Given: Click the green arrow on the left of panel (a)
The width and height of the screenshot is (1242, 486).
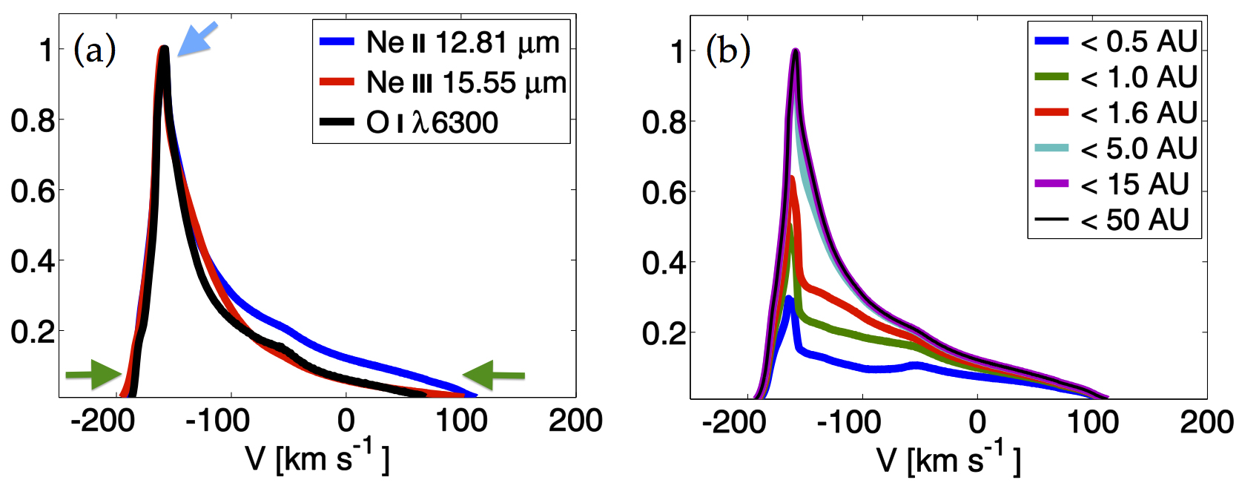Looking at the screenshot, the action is (93, 375).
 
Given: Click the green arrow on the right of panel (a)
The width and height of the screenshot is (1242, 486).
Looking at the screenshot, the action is (494, 375).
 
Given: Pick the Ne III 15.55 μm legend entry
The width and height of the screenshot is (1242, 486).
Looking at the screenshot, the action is (443, 82).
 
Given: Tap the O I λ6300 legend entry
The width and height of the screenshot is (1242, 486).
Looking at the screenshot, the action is (409, 122).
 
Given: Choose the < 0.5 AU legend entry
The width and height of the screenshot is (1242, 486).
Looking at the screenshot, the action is (1115, 41).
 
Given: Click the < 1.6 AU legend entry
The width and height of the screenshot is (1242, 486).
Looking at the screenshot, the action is (1115, 113).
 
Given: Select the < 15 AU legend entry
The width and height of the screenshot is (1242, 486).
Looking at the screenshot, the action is (1111, 183).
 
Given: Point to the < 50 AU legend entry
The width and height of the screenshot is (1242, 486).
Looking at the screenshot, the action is (1111, 220).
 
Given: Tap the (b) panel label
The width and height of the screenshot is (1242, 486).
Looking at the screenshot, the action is (728, 51).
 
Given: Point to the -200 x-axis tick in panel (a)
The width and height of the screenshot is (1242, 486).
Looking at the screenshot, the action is (102, 421).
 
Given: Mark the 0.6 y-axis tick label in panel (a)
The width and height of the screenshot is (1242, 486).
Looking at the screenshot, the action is (33, 190).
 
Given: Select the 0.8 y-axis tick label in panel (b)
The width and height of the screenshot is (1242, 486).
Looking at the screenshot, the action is (664, 122).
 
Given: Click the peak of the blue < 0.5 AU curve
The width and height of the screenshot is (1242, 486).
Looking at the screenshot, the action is (788, 298).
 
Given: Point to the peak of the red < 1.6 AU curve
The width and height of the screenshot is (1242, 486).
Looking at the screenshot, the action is (793, 178).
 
